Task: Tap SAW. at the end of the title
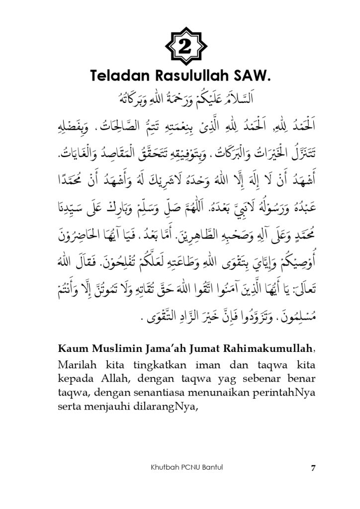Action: [x=255, y=76]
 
